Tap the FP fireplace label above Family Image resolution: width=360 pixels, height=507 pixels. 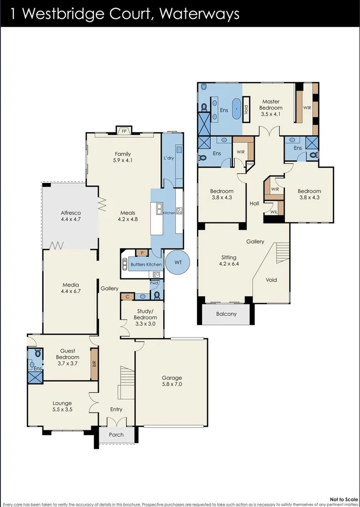click(124, 131)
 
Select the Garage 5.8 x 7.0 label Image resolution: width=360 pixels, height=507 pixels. click(172, 381)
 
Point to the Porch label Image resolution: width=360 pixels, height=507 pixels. click(116, 435)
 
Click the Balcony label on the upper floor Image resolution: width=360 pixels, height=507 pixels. click(226, 314)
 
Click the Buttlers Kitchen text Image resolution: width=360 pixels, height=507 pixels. click(146, 264)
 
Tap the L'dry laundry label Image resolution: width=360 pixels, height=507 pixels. click(169, 158)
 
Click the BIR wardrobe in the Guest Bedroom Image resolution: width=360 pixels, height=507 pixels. click(94, 363)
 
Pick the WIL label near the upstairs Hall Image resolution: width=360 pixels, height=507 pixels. click(273, 212)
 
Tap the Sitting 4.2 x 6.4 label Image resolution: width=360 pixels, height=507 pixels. click(229, 261)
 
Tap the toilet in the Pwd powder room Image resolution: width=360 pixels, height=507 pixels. click(157, 295)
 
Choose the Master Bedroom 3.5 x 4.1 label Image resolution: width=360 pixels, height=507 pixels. click(271, 105)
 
